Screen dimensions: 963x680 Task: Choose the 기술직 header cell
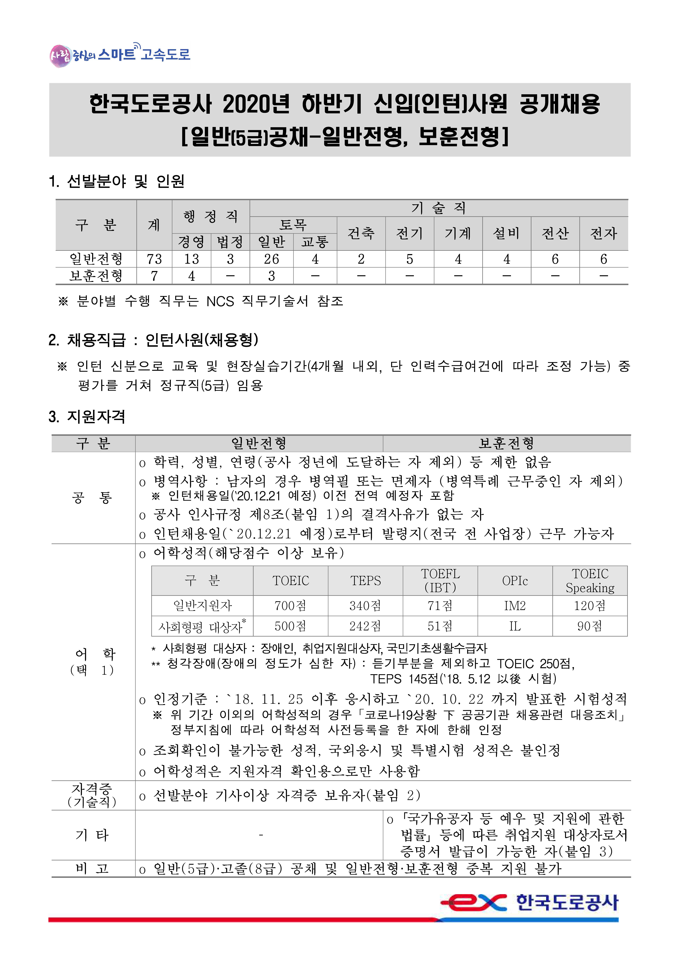tap(438, 208)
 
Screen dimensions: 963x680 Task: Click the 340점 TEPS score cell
tap(365, 606)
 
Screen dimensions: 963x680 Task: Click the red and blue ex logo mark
tap(474, 903)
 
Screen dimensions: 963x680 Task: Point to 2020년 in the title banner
tap(256, 104)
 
